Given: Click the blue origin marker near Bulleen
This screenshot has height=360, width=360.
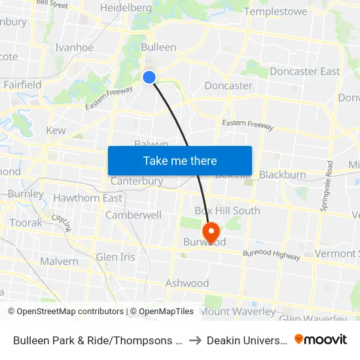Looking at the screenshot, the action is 149,77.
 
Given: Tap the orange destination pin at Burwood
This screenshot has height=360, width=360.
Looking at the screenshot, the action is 211,231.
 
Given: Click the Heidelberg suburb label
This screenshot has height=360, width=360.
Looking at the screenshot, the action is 126,8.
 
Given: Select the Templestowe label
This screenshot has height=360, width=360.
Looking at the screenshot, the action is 275,11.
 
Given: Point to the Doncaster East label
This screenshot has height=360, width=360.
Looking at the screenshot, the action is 304,71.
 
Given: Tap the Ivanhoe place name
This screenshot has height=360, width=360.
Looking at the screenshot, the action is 75,47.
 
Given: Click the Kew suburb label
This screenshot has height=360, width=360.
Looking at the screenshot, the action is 56,130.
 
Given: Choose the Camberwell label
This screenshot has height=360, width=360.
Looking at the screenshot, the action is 134,215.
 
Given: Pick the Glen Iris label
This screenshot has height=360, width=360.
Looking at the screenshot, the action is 115,257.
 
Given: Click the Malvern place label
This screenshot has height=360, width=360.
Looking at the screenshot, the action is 59,261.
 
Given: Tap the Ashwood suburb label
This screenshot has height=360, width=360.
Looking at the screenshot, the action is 187,283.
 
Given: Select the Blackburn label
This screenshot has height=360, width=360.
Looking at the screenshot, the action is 282,175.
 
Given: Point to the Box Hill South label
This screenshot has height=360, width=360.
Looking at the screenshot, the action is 227,210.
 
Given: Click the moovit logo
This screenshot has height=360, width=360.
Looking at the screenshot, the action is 321,339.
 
